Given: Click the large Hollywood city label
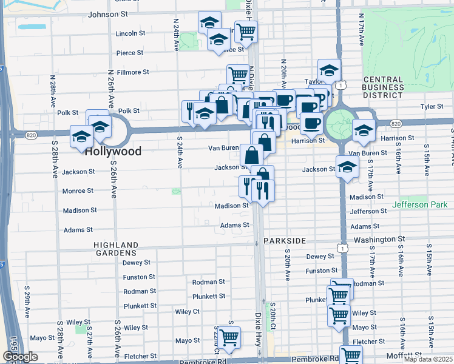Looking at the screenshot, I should tap(113, 152).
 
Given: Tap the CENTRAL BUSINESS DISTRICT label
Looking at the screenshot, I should tap(383, 87).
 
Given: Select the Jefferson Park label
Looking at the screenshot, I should tap(422, 205).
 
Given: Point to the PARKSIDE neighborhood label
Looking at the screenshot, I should tap(285, 241).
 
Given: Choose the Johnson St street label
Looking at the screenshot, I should tap(108, 14).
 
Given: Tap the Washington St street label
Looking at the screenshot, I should tap(379, 240).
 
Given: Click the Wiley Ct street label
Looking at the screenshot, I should tap(187, 311).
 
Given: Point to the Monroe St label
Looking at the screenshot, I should tap(78, 191).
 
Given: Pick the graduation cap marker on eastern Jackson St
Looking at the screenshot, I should tap(347, 166).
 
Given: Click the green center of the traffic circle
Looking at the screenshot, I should tap(337, 124).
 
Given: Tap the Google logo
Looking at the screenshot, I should tap(19, 357).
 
